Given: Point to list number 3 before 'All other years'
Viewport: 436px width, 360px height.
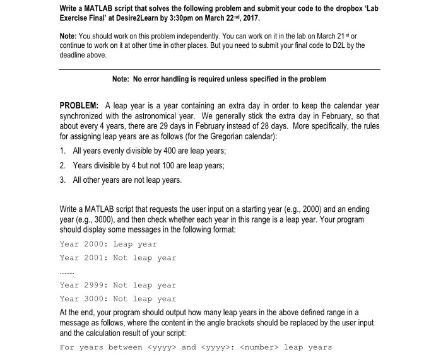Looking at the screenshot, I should [62, 180].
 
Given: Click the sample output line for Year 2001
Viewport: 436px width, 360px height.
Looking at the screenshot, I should [118, 258].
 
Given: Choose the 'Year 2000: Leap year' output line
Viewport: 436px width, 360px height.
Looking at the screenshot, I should [108, 244].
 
